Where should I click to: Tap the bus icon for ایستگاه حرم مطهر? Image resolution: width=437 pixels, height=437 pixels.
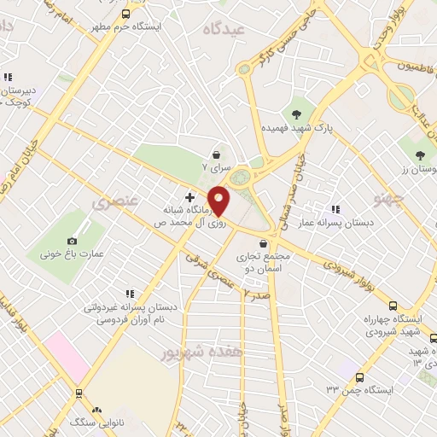[x=126, y=14]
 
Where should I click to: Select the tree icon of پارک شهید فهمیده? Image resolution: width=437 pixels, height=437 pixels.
[x=296, y=114]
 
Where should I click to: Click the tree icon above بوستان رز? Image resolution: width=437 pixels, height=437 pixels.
[x=420, y=154]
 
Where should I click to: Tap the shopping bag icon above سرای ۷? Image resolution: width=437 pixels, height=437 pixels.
[x=217, y=154]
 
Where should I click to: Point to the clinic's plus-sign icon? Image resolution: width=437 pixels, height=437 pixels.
[x=189, y=197]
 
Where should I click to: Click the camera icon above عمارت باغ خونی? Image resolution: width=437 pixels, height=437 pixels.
[x=72, y=241]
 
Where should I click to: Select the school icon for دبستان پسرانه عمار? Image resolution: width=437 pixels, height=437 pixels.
[x=335, y=208]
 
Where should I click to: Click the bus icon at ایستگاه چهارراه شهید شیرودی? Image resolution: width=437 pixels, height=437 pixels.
[x=393, y=306]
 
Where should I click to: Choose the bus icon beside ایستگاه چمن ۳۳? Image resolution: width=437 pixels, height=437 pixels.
[x=360, y=376]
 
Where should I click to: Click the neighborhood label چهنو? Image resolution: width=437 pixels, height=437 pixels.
[x=387, y=198]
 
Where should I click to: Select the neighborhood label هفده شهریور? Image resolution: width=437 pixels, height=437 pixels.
[x=201, y=352]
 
